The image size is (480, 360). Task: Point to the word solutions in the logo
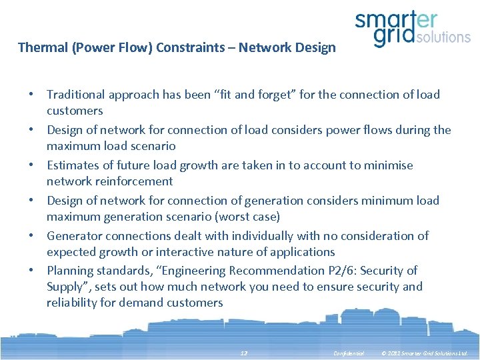pyautogui.click(x=443, y=37)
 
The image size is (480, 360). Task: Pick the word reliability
pyautogui.click(x=74, y=303)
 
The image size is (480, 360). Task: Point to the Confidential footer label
pyautogui.click(x=349, y=352)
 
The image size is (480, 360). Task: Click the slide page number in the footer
pyautogui.click(x=243, y=352)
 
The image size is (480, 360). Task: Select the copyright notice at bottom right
pyautogui.click(x=425, y=352)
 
